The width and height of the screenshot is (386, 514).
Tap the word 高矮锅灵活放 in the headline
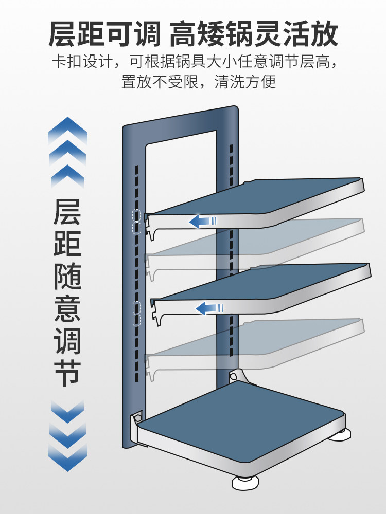(x=253, y=34)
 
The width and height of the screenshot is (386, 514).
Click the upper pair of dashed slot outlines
(x=137, y=222)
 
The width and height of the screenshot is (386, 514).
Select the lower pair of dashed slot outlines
(x=137, y=314)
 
